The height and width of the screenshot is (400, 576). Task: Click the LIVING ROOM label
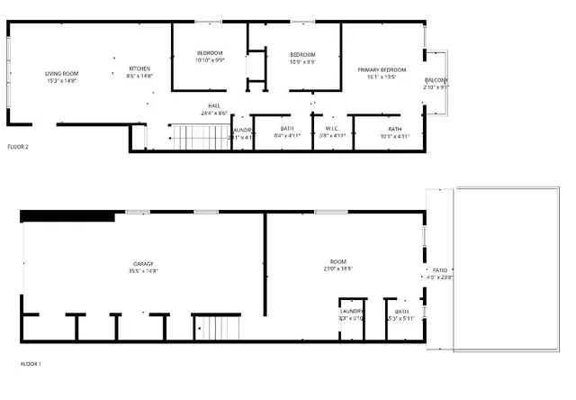(x=62, y=74)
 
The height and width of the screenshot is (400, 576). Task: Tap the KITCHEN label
(x=139, y=69)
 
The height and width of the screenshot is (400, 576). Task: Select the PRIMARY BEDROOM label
(x=382, y=70)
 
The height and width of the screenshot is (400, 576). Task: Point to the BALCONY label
(x=436, y=80)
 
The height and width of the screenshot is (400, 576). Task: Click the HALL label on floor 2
(x=214, y=106)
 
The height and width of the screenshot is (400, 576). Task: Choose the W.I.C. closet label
(x=331, y=129)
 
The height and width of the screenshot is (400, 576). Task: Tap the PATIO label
(x=440, y=269)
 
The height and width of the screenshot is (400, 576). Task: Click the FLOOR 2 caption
(x=18, y=146)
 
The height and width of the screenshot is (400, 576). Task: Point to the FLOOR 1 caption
(x=31, y=364)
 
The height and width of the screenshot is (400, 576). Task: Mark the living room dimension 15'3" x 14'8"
(x=62, y=81)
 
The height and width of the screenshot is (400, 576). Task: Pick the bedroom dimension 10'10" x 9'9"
(x=210, y=60)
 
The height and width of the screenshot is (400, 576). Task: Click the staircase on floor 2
(x=201, y=138)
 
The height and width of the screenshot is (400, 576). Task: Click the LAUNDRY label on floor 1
(x=352, y=311)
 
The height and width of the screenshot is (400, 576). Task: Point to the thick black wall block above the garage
(x=67, y=215)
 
